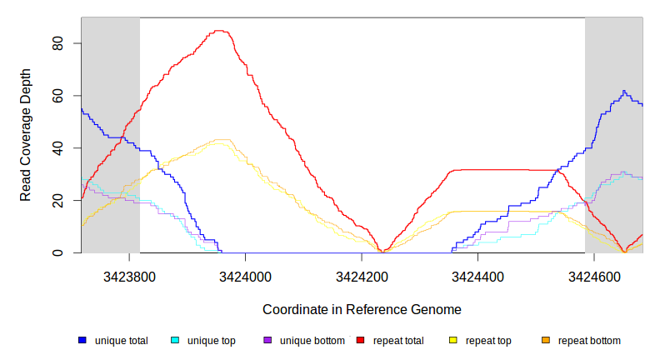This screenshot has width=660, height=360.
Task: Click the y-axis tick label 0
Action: tap(58, 253)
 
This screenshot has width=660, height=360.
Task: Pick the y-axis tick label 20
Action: tap(58, 201)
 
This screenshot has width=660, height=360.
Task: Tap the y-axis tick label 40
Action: tap(58, 148)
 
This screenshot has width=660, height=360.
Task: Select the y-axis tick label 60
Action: tap(58, 96)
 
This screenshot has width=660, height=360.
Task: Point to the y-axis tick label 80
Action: tap(58, 43)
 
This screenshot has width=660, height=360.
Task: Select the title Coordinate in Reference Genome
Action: tap(362, 309)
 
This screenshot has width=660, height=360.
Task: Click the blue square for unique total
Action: tap(82, 341)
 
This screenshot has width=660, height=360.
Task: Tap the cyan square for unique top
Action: tap(175, 341)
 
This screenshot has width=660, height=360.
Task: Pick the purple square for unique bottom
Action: tap(267, 341)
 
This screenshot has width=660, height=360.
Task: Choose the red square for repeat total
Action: tap(361, 341)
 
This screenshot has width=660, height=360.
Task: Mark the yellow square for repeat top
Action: tap(453, 341)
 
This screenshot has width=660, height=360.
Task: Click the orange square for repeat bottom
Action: tap(546, 341)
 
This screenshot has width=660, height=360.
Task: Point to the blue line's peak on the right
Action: tap(623, 91)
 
